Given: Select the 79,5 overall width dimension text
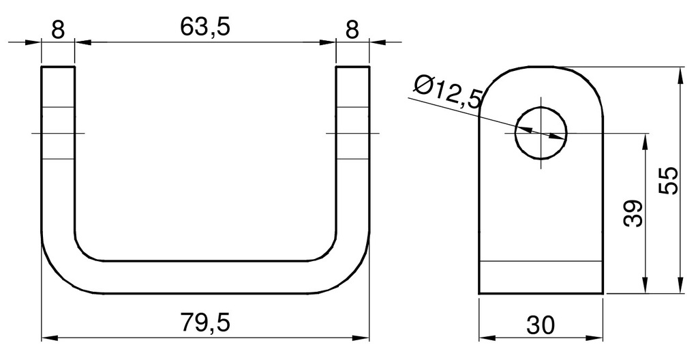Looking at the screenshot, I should [205, 322].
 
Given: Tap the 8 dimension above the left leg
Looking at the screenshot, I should [58, 29].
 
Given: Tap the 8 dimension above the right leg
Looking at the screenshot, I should [352, 29].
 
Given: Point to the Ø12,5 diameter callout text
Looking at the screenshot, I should [448, 91].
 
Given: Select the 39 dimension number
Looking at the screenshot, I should [633, 213].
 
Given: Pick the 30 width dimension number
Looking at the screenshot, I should [541, 325].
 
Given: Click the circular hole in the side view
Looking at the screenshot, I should [541, 132].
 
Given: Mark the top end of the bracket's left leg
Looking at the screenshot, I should [58, 68].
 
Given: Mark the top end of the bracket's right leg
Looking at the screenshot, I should [352, 68].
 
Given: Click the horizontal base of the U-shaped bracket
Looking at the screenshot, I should [205, 277].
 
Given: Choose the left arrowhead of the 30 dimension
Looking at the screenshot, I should [485, 337].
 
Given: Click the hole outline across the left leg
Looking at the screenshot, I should [58, 132].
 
